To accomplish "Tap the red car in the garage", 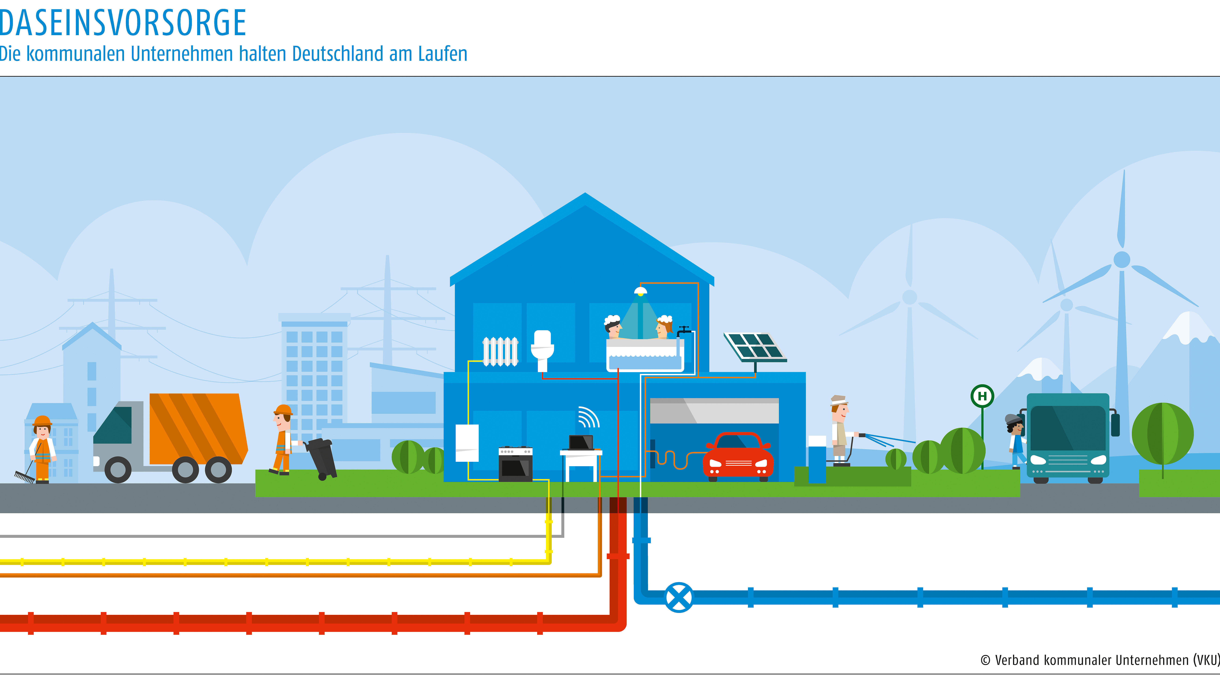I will (x=738, y=457).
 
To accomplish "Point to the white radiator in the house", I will (x=500, y=351).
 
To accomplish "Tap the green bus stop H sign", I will (x=982, y=396).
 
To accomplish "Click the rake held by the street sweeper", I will (x=25, y=476).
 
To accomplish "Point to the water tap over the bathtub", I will (x=683, y=330).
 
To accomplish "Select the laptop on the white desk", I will (x=581, y=443).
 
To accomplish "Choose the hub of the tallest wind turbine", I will (x=1121, y=259).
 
